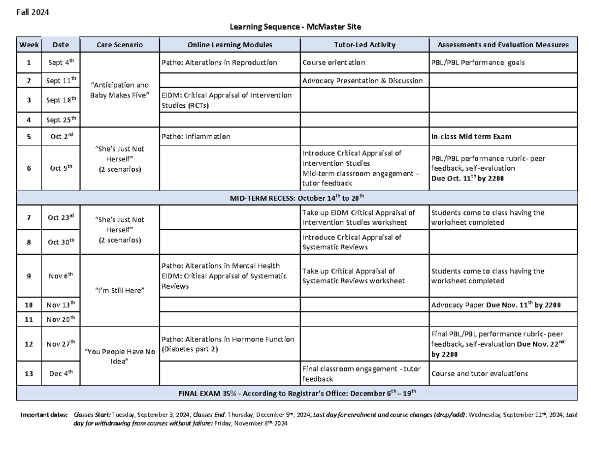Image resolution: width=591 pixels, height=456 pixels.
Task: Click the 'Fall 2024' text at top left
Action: (x=33, y=13)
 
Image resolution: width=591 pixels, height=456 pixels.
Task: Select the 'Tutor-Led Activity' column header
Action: (x=364, y=45)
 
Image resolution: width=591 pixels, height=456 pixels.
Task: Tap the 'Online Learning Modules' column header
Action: (x=230, y=45)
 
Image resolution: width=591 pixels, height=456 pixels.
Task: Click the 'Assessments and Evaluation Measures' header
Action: (x=503, y=45)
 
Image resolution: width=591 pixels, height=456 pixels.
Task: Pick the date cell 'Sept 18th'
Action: (x=61, y=100)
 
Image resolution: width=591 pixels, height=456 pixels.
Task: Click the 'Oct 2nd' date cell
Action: (x=61, y=137)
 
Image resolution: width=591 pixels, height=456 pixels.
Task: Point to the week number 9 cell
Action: (x=29, y=276)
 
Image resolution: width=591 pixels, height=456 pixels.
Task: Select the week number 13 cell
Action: (x=29, y=373)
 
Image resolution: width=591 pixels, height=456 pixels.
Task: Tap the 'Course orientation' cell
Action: (x=334, y=62)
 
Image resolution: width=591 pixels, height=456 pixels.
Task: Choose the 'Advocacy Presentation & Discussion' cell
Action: (x=362, y=81)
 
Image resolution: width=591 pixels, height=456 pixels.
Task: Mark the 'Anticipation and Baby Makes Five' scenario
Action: (x=120, y=90)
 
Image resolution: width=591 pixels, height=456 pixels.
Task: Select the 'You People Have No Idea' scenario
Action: (x=120, y=357)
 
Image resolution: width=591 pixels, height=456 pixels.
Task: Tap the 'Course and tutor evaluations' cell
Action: (x=479, y=373)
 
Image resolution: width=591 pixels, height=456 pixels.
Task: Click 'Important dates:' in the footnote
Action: (x=43, y=415)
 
